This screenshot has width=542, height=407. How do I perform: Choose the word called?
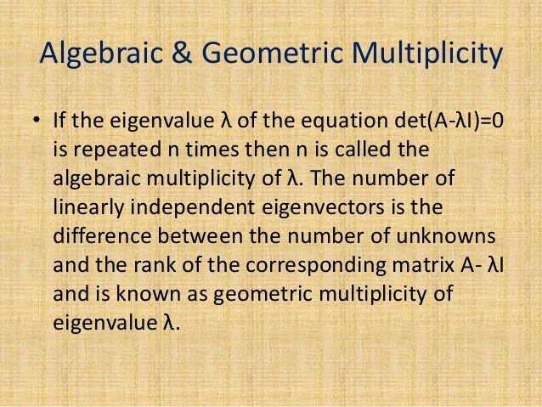(363, 150)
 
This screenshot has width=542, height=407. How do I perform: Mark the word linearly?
(86, 208)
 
